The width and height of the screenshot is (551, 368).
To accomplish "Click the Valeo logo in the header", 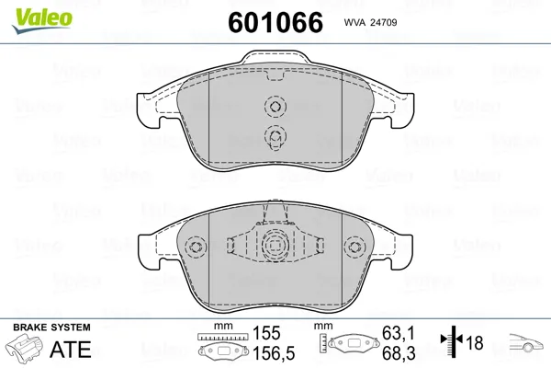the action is [42, 20].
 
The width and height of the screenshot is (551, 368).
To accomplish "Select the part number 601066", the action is [275, 22].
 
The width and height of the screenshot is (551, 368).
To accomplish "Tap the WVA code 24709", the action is [370, 22].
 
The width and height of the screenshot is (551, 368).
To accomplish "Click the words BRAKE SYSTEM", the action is [51, 328].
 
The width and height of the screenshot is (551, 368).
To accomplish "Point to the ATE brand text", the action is [71, 349].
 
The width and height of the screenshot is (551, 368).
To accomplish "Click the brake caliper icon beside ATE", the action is [25, 348].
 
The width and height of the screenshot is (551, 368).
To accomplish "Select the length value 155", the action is [266, 333].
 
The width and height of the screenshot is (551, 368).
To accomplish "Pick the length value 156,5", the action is [274, 353].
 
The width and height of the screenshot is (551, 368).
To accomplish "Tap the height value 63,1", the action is [399, 333].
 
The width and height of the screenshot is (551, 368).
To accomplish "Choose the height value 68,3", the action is [399, 353].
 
